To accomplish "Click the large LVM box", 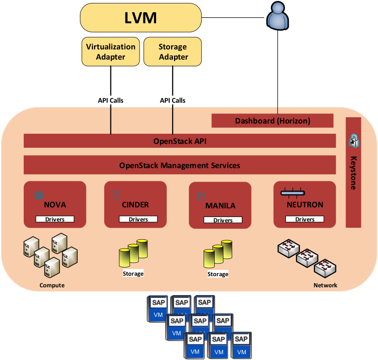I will (x=141, y=18).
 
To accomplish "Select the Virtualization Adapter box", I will (x=110, y=52).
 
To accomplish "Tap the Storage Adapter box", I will (x=173, y=52).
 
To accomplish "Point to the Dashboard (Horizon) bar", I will (x=272, y=121).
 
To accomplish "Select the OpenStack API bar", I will (x=180, y=141).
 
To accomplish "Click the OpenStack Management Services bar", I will (x=180, y=165).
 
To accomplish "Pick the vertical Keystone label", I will (x=353, y=172).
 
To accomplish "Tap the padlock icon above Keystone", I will (x=353, y=141).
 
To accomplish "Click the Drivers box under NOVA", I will (x=55, y=219).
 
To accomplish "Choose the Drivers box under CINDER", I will (x=138, y=219).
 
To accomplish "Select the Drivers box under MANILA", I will (x=223, y=220).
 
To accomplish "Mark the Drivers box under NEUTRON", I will (x=305, y=219).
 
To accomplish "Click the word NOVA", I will (x=55, y=204).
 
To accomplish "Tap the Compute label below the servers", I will (x=52, y=285).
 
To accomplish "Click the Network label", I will (x=325, y=285).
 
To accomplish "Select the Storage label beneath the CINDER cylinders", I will (x=133, y=274).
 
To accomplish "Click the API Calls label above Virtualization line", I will (x=110, y=100).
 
